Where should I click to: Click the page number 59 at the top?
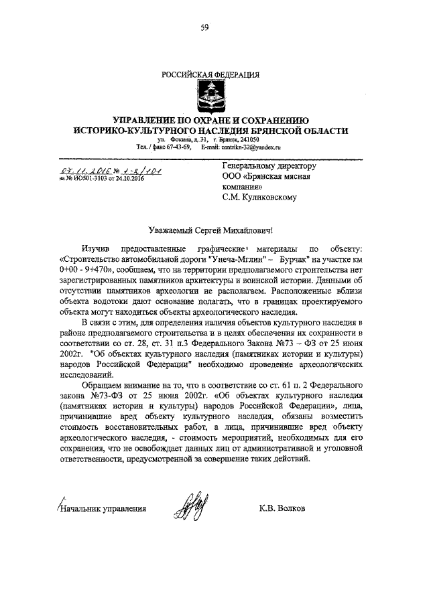(x=204, y=27)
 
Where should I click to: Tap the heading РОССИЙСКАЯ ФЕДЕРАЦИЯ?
(x=205, y=74)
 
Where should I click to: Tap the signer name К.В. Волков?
(x=282, y=508)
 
